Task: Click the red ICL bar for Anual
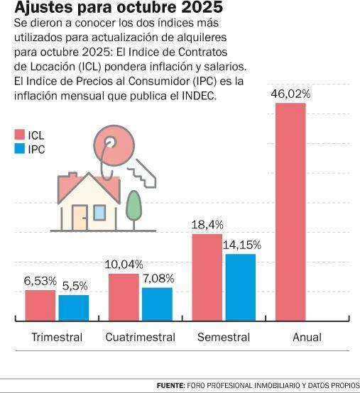[290, 212]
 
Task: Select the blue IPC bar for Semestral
[241, 287]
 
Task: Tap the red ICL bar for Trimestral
[40, 305]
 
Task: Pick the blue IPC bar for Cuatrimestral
[158, 304]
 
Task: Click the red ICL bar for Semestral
[207, 277]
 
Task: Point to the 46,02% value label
[290, 94]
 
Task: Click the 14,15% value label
[242, 245]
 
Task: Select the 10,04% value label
[124, 265]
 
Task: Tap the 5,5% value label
[75, 286]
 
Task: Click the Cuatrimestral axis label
[141, 337]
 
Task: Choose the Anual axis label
[307, 337]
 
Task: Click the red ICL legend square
[20, 134]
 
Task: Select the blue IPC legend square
[20, 148]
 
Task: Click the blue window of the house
[99, 213]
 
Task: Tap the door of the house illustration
[80, 218]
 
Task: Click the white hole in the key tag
[109, 142]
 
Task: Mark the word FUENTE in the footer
[171, 385]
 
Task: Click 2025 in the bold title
[202, 7]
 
